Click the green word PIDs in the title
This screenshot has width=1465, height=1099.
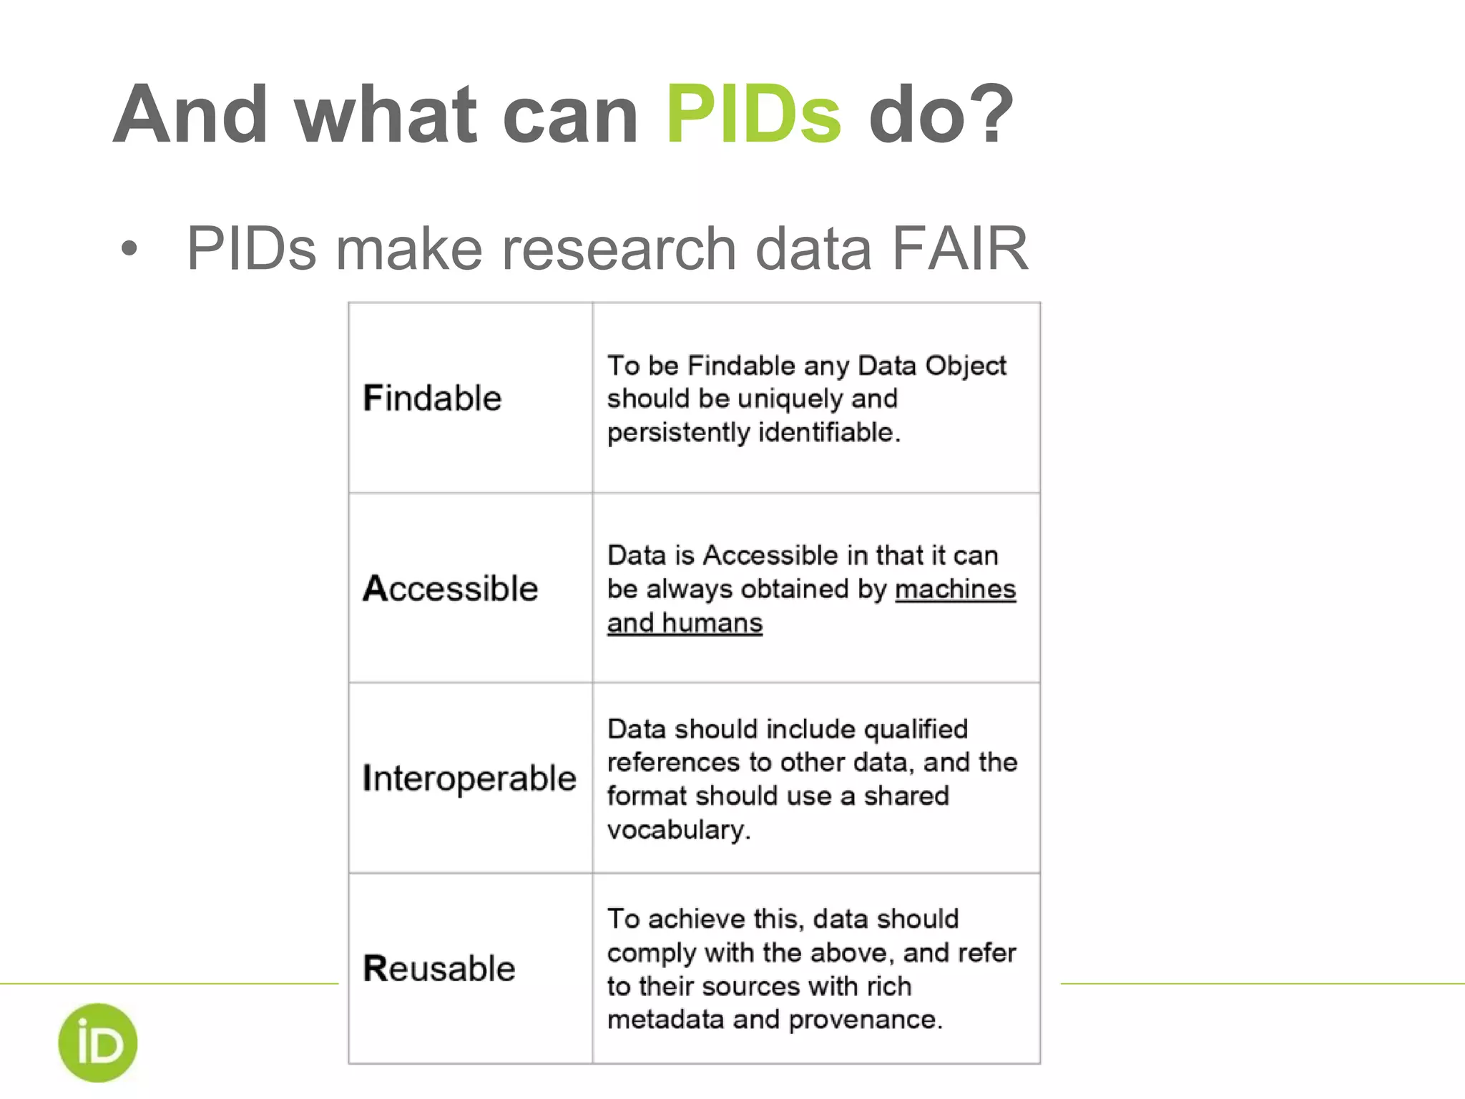(753, 114)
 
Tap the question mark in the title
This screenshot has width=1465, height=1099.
(989, 114)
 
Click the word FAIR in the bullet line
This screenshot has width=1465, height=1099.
(960, 248)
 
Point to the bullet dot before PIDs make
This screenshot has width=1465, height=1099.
(129, 249)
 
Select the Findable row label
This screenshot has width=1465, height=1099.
(432, 398)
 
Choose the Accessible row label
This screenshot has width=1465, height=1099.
(450, 588)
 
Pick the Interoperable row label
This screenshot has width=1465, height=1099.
(469, 778)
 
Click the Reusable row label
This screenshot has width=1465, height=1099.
(438, 968)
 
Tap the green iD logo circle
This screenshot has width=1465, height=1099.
(98, 1042)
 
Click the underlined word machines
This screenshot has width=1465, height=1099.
(955, 589)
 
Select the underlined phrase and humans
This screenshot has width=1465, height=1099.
(685, 622)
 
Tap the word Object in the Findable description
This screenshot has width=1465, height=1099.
(965, 366)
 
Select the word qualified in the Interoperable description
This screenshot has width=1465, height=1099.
(916, 729)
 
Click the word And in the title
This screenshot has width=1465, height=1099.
(190, 114)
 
